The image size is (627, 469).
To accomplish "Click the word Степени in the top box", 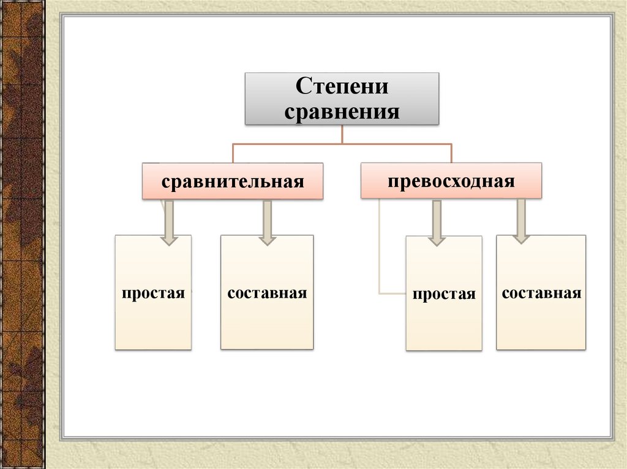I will [342, 86].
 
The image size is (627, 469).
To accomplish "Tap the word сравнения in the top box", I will [342, 111].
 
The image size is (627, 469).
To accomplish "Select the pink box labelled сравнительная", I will [233, 181].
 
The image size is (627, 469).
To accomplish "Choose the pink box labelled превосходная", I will [451, 180].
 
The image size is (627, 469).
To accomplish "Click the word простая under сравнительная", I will [153, 294].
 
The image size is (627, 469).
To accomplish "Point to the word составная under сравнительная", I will [266, 293].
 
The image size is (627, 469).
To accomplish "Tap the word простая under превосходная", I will [443, 294].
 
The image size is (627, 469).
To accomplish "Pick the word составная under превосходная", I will [541, 293].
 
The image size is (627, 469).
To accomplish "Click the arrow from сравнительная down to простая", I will [168, 223].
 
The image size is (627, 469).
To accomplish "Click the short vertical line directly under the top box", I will [342, 135].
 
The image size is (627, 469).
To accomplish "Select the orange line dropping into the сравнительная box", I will [232, 153].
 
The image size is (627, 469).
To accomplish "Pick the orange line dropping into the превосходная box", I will [451, 153].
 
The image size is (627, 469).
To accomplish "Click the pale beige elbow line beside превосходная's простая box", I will [380, 257].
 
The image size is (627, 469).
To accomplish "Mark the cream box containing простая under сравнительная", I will [153, 324].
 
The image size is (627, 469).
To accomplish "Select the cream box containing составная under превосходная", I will [541, 324].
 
